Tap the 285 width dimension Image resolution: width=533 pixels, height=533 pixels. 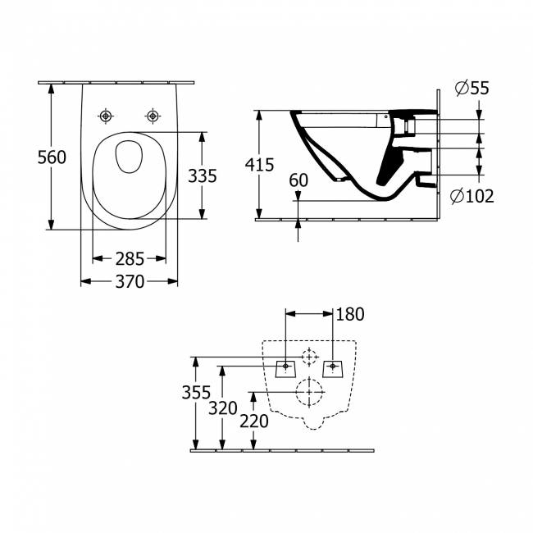point(130,258)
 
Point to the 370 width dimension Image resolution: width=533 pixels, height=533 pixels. point(130,281)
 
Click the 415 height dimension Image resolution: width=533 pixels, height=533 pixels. point(259,164)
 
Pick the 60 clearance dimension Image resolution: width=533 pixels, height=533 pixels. point(298,180)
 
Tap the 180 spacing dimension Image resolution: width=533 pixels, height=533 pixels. point(349,314)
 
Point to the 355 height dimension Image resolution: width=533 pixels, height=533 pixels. point(196,393)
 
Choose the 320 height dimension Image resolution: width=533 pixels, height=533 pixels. point(222,408)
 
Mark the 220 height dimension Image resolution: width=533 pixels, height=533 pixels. point(255,421)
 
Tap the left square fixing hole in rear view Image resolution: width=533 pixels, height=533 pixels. point(285,366)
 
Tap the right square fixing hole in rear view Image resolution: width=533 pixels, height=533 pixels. point(334,366)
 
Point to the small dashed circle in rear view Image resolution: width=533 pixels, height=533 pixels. point(309,358)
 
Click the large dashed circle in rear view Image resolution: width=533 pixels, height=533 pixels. point(309,392)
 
